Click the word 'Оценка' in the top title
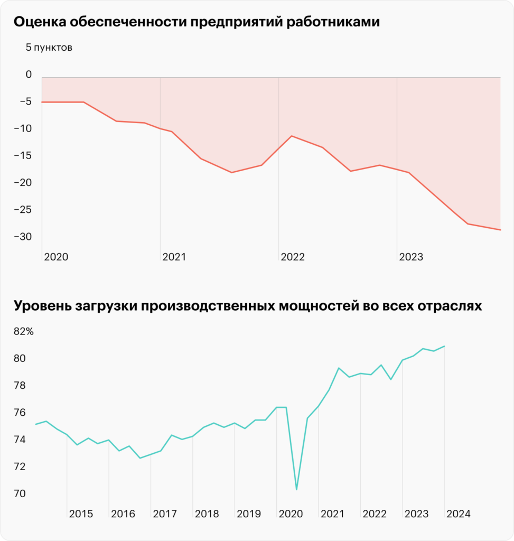[x=39, y=22]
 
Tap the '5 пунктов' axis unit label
[x=49, y=48]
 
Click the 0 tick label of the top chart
[x=29, y=75]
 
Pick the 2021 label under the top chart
[x=174, y=257]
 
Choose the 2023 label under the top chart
[x=411, y=257]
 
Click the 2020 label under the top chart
[x=56, y=257]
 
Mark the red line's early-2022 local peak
[x=292, y=136]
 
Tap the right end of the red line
[x=500, y=230]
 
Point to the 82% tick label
[x=23, y=332]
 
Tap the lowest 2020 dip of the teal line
[x=297, y=490]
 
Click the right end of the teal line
[x=444, y=346]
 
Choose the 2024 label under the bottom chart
[x=458, y=514]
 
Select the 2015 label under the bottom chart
[x=81, y=514]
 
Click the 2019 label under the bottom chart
[x=248, y=514]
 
